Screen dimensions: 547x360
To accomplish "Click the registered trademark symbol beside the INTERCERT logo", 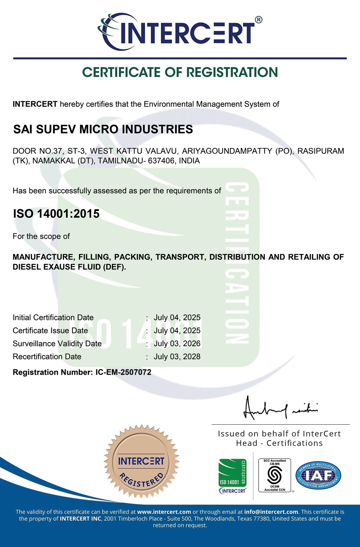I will click(x=258, y=20).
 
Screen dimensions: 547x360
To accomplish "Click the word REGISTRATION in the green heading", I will click(x=232, y=73).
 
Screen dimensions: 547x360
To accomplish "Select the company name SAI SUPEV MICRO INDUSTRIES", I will click(x=103, y=129).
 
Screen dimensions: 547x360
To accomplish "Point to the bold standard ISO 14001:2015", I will click(x=56, y=214).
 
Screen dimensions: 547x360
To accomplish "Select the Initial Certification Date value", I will click(x=177, y=318).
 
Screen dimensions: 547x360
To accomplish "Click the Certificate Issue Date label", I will click(x=50, y=330).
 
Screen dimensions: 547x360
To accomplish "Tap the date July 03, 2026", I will click(x=177, y=344).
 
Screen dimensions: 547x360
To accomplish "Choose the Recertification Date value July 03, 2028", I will click(x=177, y=357).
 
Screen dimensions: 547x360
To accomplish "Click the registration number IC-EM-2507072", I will click(x=123, y=372).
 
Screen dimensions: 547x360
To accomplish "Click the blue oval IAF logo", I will click(x=318, y=475).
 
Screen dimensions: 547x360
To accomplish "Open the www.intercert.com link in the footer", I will click(x=164, y=512).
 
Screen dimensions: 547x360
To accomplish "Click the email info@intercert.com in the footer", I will click(x=271, y=512).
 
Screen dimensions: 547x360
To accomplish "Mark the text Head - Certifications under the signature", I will click(x=279, y=443).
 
